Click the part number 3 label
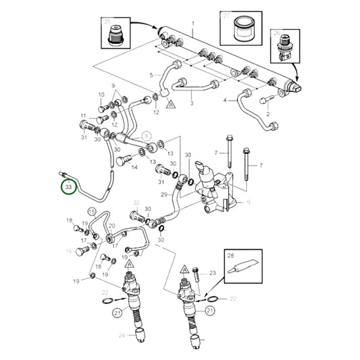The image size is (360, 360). (191, 103)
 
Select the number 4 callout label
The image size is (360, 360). (224, 101)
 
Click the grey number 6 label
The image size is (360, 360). (249, 203)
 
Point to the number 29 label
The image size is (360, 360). (163, 195)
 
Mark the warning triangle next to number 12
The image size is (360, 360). (172, 105)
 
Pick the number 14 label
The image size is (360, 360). (135, 167)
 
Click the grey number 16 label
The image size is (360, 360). (68, 251)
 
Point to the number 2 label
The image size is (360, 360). (267, 114)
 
